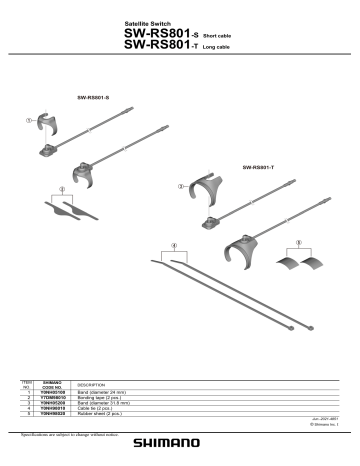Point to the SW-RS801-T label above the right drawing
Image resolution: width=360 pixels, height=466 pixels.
258,166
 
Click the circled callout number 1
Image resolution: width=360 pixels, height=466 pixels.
30,121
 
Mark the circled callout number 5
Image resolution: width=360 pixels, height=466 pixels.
300,243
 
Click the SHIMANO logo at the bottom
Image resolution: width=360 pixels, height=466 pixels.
179,449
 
